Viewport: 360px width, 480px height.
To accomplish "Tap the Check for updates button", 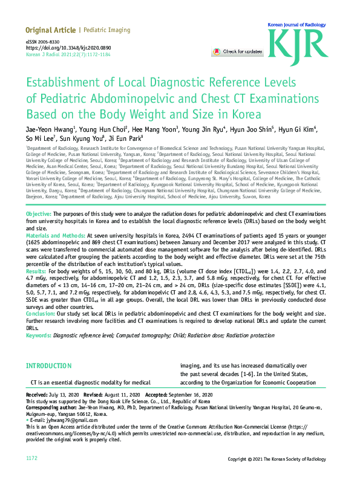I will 237,52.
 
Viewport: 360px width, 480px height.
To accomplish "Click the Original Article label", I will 50,30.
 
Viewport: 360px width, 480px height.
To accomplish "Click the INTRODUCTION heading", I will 48,366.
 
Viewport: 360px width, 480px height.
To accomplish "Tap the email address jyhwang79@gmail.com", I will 58,420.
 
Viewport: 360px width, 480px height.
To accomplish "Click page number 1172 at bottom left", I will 32,459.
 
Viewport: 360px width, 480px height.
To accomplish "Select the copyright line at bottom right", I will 280,459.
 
